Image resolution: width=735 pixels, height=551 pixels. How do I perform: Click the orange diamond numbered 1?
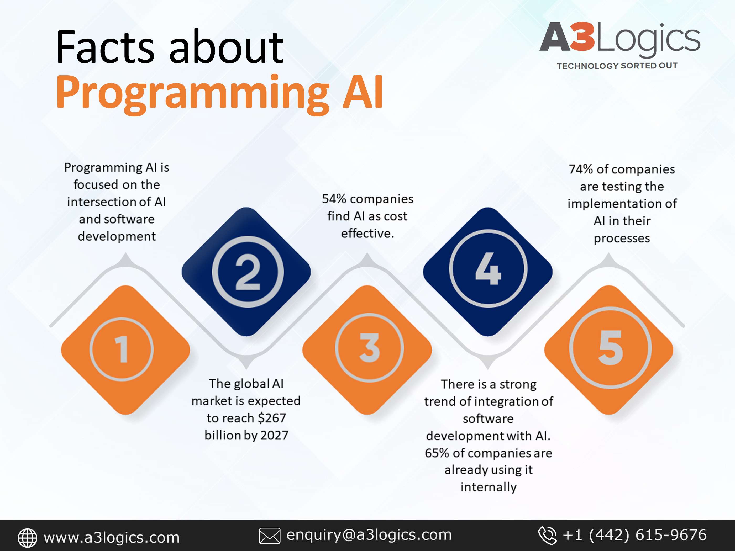(125, 350)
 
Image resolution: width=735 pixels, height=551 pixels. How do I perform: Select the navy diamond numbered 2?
(246, 272)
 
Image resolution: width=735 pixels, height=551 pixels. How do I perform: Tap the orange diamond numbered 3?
(367, 350)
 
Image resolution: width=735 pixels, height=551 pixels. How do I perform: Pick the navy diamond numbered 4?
(488, 272)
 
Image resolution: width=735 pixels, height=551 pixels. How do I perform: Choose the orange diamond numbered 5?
(609, 350)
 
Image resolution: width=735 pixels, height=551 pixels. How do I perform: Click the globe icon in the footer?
(27, 538)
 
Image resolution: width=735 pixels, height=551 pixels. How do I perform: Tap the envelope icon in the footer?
(270, 536)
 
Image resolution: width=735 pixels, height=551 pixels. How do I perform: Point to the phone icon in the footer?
(547, 536)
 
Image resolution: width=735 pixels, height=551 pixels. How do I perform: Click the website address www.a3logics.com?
(112, 537)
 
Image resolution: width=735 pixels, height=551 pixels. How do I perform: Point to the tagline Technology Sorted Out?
(617, 66)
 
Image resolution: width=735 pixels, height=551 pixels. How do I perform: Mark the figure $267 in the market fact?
(271, 418)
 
